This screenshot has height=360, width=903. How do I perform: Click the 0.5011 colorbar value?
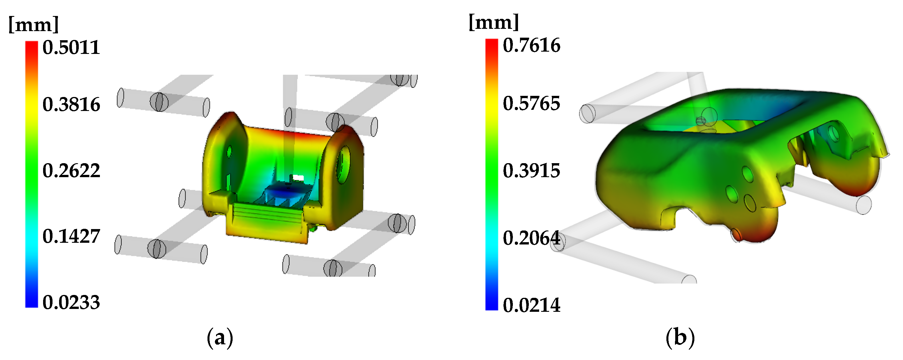pyautogui.click(x=71, y=47)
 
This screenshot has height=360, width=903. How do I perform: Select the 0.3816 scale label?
pyautogui.click(x=71, y=104)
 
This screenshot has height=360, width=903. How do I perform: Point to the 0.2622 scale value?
pyautogui.click(x=71, y=171)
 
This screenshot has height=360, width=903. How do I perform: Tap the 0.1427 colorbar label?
pyautogui.click(x=71, y=236)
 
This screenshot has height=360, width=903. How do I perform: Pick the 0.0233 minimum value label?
pyautogui.click(x=71, y=302)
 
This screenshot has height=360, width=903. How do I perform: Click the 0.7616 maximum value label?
pyautogui.click(x=531, y=45)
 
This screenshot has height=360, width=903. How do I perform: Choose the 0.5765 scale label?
pyautogui.click(x=531, y=104)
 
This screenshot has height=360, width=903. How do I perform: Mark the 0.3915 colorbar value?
pyautogui.click(x=531, y=171)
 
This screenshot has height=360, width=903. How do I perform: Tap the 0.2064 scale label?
pyautogui.click(x=531, y=238)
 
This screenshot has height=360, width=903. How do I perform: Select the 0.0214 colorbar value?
pyautogui.click(x=531, y=305)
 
